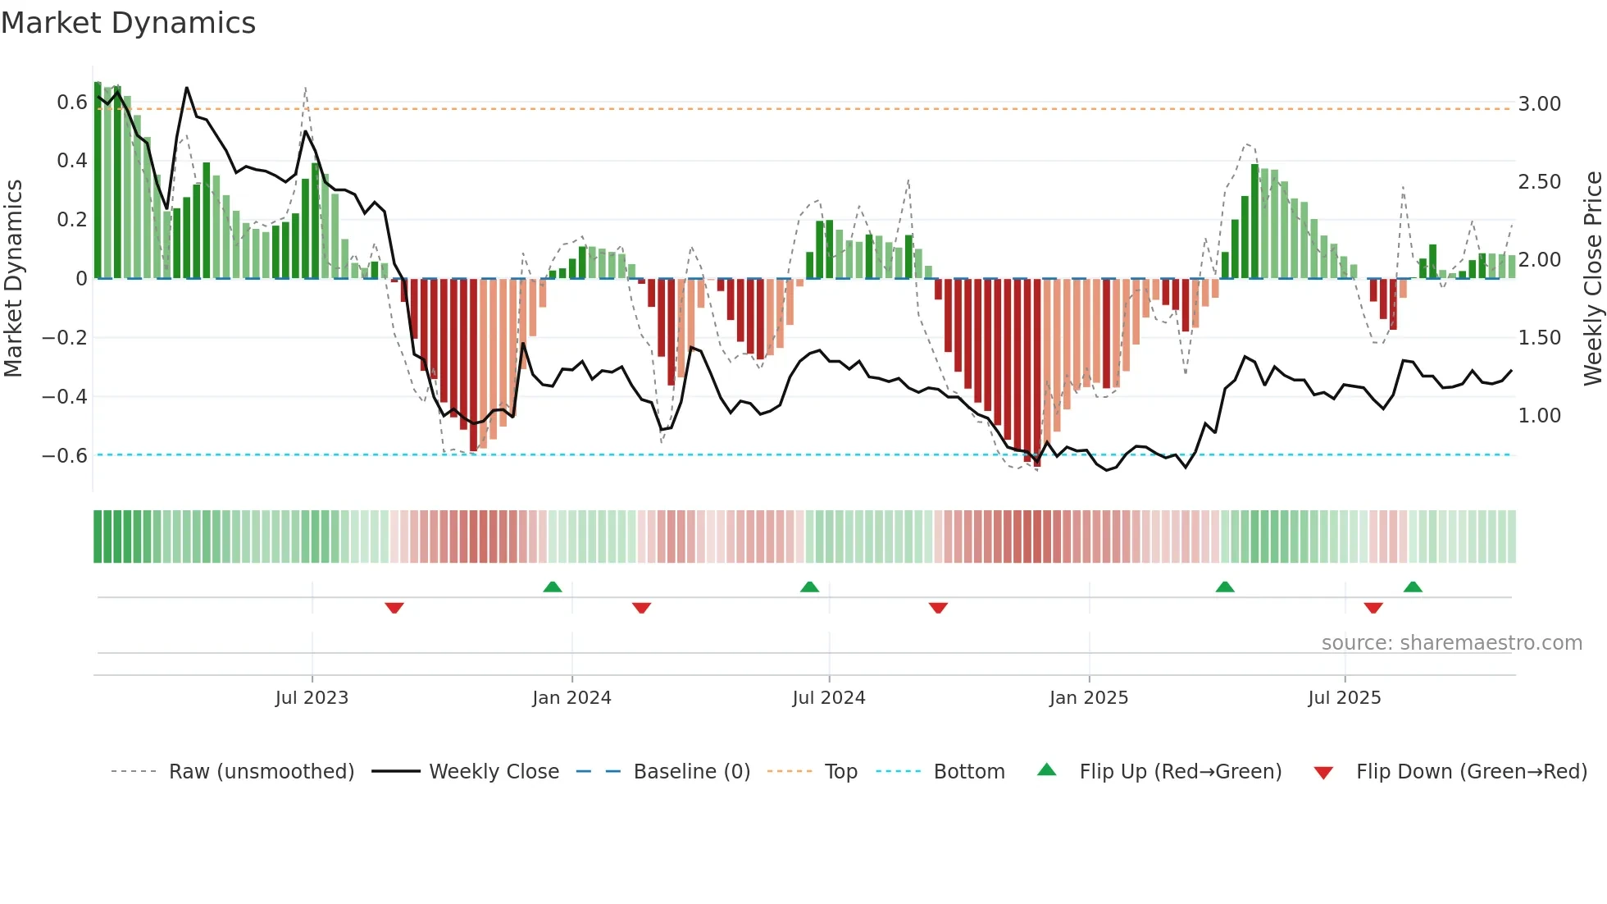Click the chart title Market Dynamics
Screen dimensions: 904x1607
[128, 23]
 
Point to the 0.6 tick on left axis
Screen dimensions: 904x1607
[71, 103]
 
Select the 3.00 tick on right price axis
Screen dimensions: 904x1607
[1539, 104]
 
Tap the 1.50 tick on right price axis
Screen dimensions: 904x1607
[1539, 338]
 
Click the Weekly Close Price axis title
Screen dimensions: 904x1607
[1592, 278]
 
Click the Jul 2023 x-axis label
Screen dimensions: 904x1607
[312, 698]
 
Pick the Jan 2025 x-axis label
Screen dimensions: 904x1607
[1088, 698]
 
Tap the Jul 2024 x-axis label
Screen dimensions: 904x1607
[828, 698]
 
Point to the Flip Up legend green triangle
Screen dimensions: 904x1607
[1047, 770]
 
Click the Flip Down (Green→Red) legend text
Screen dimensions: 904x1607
[1471, 772]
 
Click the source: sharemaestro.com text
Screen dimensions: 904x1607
[1451, 643]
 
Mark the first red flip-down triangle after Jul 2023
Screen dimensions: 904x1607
[394, 608]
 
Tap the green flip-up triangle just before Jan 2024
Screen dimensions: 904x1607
[553, 587]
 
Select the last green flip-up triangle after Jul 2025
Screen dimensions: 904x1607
[1413, 587]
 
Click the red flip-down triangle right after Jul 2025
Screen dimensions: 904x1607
[1373, 608]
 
